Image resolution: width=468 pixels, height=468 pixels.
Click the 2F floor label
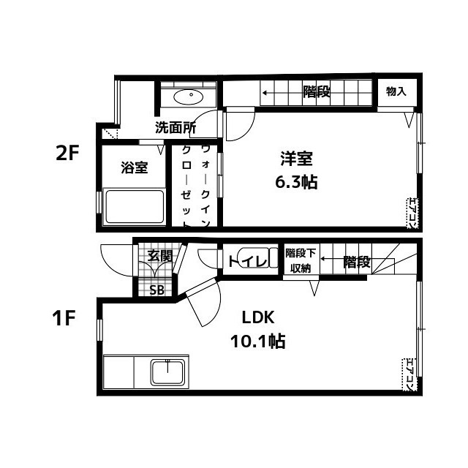67,154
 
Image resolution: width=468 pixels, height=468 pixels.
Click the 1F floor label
64,318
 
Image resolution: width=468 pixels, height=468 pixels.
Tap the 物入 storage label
396,91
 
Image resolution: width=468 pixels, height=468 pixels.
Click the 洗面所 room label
175,127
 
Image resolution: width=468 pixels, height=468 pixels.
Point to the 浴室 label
135,167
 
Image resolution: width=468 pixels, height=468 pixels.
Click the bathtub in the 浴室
135,206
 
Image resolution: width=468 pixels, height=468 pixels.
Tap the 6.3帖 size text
295,182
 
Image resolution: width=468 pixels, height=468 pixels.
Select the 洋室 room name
296,159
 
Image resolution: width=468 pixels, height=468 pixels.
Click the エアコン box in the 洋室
412,214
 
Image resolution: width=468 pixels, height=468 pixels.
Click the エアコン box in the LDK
408,374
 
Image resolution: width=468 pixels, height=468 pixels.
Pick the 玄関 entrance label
160,256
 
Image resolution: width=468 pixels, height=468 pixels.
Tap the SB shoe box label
156,290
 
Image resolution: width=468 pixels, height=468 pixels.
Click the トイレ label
247,262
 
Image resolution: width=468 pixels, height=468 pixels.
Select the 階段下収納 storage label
301,260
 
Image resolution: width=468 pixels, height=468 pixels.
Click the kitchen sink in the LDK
167,373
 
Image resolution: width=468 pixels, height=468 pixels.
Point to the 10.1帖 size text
258,341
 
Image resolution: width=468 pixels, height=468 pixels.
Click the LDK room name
258,317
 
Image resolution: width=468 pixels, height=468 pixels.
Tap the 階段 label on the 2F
317,91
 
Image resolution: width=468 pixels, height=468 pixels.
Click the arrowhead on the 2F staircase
265,93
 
